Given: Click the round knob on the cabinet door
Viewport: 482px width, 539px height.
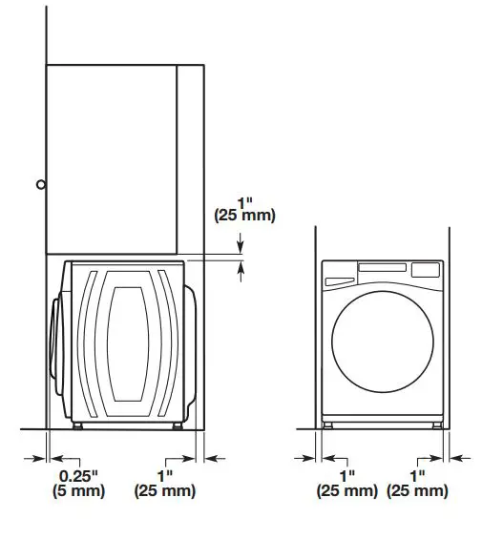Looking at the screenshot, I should (40, 184).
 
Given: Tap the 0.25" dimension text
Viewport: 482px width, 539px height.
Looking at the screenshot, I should (79, 475).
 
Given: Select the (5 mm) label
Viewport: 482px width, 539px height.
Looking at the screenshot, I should (79, 491).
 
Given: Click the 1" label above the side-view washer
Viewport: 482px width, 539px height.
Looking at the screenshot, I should (245, 202).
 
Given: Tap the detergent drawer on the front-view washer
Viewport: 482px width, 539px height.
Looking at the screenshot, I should (338, 280).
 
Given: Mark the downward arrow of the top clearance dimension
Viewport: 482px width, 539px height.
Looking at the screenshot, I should (241, 246).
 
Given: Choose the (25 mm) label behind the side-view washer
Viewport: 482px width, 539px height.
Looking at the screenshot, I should (165, 491).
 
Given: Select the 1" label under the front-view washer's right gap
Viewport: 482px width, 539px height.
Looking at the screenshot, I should (417, 475).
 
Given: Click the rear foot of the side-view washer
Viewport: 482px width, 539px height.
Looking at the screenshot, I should (178, 425).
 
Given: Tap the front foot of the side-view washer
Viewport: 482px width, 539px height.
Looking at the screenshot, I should (74, 425).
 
